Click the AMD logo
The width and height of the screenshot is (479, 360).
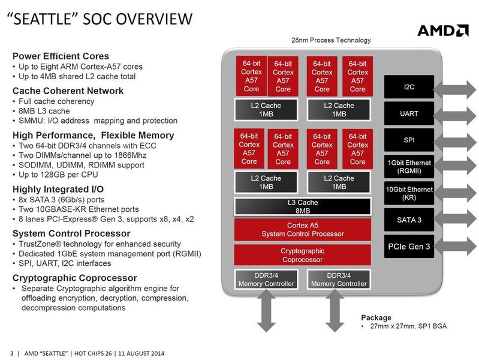point(442,30)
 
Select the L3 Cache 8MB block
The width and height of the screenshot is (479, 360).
point(302,206)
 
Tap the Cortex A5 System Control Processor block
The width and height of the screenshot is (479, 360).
point(302,229)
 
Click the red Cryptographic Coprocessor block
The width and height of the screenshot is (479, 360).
point(302,255)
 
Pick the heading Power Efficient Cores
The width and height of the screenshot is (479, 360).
point(61,56)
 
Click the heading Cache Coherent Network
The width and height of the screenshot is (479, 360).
point(68,91)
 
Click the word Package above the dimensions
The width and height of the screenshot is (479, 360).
point(376,317)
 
